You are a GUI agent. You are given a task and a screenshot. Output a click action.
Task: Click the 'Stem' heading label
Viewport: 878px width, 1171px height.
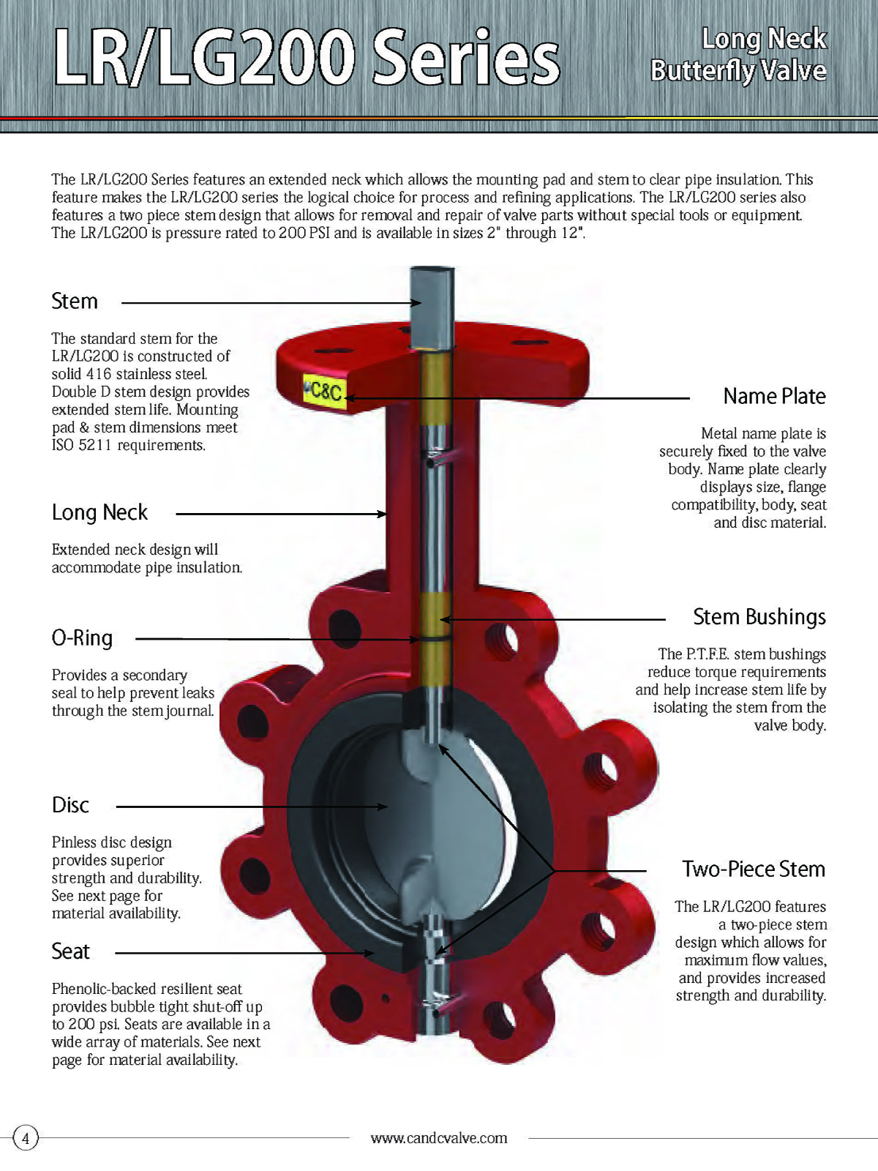click(x=75, y=301)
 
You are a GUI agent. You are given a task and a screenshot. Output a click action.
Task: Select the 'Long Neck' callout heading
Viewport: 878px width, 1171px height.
click(x=100, y=512)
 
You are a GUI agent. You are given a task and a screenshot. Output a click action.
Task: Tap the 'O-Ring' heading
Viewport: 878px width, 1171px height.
click(x=82, y=638)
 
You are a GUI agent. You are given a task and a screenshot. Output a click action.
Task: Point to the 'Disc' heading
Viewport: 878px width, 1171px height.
click(x=70, y=805)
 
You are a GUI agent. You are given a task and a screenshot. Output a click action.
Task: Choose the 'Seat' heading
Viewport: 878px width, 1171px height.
click(x=70, y=951)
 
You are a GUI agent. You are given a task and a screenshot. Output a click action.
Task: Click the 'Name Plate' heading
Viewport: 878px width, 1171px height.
click(x=774, y=396)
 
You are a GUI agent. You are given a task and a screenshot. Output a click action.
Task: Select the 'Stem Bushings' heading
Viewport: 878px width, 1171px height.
click(x=759, y=617)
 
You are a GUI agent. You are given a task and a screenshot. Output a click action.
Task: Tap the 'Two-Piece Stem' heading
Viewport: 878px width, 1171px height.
click(x=754, y=869)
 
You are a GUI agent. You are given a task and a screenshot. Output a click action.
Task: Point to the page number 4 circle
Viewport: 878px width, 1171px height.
click(x=26, y=1138)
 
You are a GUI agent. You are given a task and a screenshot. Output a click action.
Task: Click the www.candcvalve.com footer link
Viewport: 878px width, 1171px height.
click(x=439, y=1138)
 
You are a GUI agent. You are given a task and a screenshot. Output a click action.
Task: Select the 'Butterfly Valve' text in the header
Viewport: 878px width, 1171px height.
click(x=738, y=71)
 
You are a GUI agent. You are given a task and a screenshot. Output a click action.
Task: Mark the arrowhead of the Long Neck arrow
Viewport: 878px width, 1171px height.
click(x=383, y=514)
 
